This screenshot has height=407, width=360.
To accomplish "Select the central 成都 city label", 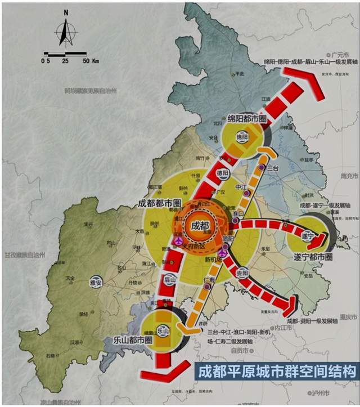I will coord(199,226).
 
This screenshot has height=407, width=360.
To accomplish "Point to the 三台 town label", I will coord(273,168).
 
